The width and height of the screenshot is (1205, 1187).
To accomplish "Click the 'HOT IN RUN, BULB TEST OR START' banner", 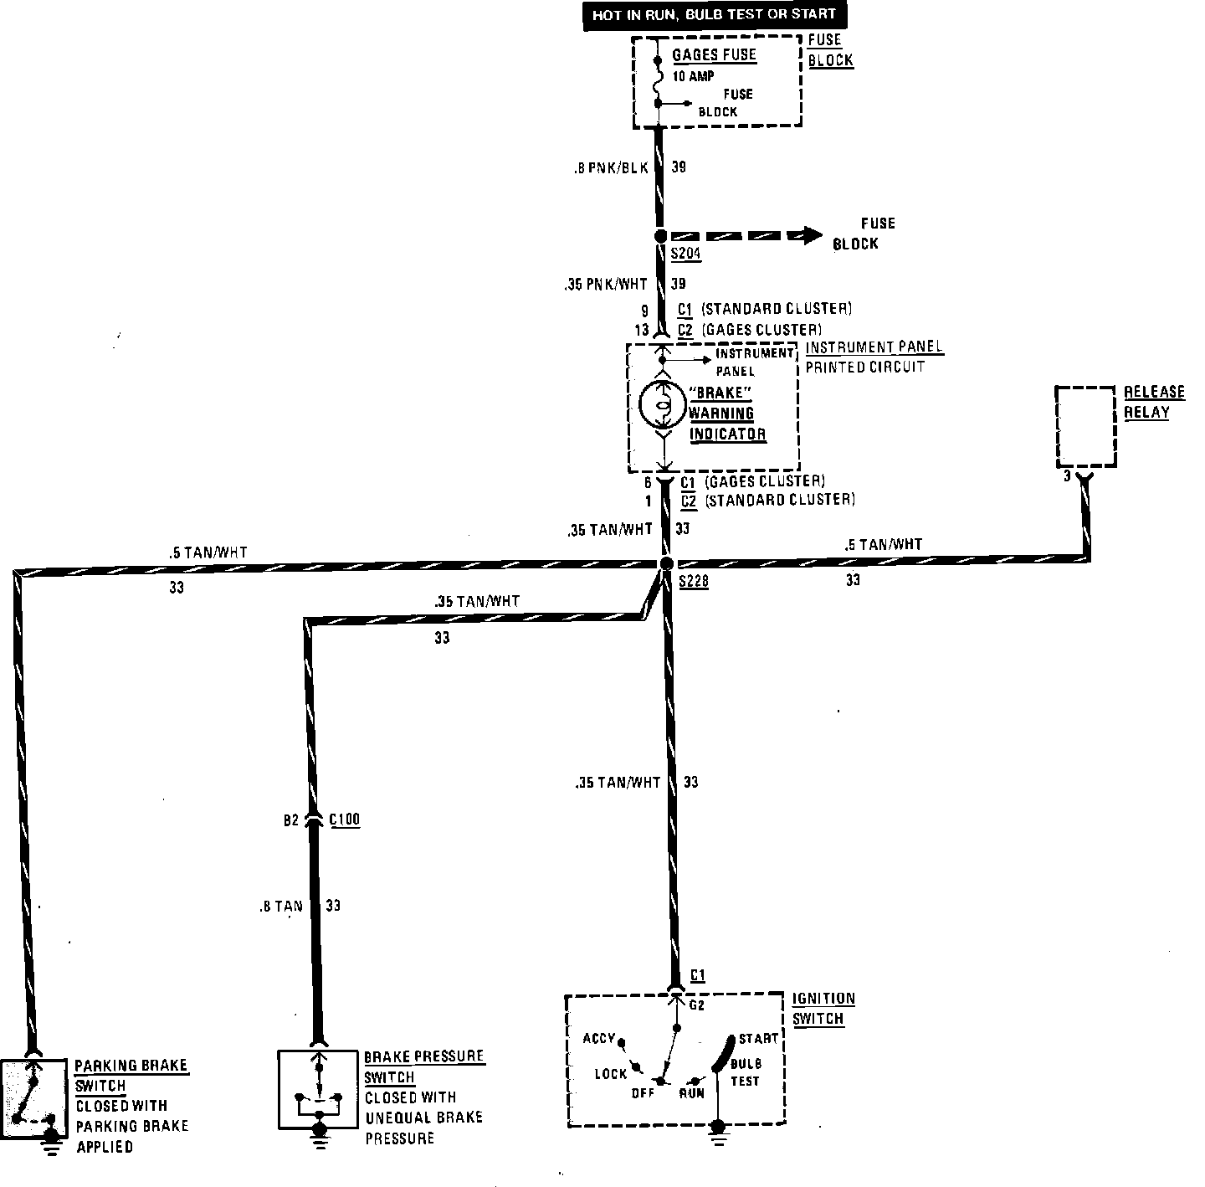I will pyautogui.click(x=715, y=14).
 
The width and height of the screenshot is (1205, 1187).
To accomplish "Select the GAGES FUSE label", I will pyautogui.click(x=714, y=55).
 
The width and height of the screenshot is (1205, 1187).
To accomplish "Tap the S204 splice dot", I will pyautogui.click(x=659, y=237).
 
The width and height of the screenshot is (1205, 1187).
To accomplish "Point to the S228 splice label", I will pyautogui.click(x=694, y=582).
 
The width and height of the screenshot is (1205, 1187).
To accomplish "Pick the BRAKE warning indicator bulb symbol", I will pyautogui.click(x=662, y=406).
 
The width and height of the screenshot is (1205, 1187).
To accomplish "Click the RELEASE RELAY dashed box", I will pyautogui.click(x=1086, y=427).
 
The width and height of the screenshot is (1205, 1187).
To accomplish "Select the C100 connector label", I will pyautogui.click(x=345, y=820).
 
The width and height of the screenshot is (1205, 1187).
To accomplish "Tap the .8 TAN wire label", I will pyautogui.click(x=280, y=906).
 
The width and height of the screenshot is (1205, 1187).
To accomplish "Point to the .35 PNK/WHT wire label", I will pyautogui.click(x=605, y=285).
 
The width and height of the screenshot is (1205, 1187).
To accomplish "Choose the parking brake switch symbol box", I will pyautogui.click(x=34, y=1096).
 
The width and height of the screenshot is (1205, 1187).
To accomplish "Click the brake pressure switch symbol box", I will pyautogui.click(x=318, y=1088).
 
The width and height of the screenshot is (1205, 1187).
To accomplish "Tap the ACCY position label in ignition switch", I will pyautogui.click(x=599, y=1039).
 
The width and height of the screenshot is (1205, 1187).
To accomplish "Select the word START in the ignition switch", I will pyautogui.click(x=759, y=1039).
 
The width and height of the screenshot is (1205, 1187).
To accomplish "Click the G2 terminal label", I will pyautogui.click(x=696, y=1005).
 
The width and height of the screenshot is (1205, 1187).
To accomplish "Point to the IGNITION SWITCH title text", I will pyautogui.click(x=823, y=1009).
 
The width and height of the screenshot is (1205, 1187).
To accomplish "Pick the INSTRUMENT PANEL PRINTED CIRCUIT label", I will pyautogui.click(x=873, y=357).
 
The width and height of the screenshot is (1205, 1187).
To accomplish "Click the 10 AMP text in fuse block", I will pyautogui.click(x=693, y=76).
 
